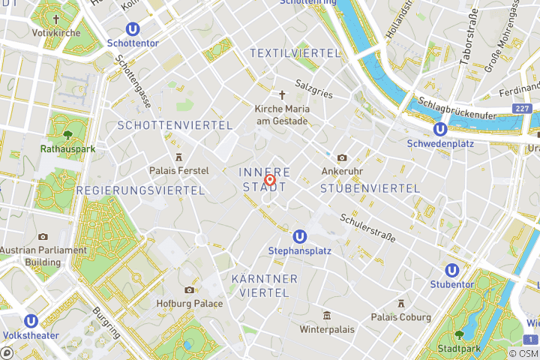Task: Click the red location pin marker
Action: coord(270,181)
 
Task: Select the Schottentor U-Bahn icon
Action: coord(133,28)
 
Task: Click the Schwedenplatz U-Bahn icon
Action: coord(440,129)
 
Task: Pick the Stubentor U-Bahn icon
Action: coord(451,271)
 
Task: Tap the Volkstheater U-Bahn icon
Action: coord(31,321)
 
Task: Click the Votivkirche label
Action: coord(55,34)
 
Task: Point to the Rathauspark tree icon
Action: coord(68,135)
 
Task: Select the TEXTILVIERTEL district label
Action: coord(295,53)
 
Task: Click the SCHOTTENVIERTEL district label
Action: coord(175,125)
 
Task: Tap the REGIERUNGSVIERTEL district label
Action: coord(140,190)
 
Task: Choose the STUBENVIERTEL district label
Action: coord(370,188)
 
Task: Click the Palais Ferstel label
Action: coord(178,170)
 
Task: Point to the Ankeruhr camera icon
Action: coord(342,157)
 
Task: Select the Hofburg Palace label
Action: coord(189,303)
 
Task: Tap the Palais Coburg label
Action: coord(401,317)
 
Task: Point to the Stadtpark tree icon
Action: coord(459,334)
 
